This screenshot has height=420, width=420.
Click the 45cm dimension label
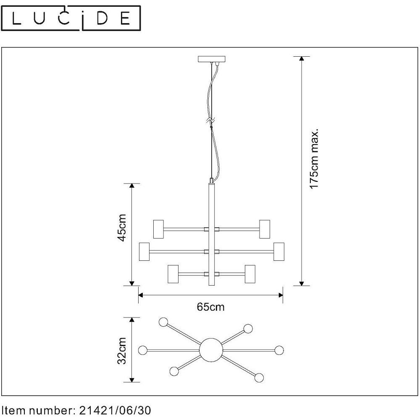pos(122,228)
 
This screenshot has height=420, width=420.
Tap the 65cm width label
pos(210,307)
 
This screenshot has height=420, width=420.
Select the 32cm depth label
pos(122,351)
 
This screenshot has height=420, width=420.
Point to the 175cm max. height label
pos(314,159)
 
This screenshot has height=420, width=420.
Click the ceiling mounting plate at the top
pos(211,59)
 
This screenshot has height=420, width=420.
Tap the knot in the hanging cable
pos(211,121)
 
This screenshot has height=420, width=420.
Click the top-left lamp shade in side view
pos(159,229)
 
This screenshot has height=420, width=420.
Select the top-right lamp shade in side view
pos(265,229)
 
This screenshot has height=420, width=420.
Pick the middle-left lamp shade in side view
pos(144,252)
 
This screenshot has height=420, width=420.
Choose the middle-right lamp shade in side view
pos(279,252)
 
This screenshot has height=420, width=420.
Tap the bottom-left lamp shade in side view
pos(173,274)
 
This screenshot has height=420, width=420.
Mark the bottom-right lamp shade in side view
pos(250,274)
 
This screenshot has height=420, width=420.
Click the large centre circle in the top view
pos(211,350)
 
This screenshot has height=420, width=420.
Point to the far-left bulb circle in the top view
pos(143,350)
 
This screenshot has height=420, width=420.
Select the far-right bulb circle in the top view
pos(279,350)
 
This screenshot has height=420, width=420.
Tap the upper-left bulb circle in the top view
pos(163,322)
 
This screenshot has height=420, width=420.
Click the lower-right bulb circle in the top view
pos(259,378)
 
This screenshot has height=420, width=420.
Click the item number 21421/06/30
pos(115,410)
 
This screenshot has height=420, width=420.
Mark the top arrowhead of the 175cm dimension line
pos(302,59)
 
